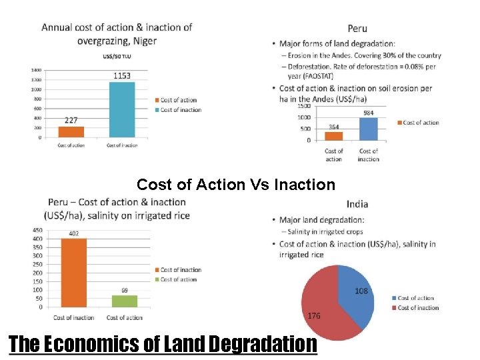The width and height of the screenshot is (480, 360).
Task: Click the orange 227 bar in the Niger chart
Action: point(71,131)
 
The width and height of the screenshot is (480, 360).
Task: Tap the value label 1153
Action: point(122,76)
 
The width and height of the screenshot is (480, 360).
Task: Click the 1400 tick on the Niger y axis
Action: point(36,70)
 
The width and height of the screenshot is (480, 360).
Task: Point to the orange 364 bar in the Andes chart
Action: point(334,135)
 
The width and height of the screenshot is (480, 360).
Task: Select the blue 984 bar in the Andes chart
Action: point(369,129)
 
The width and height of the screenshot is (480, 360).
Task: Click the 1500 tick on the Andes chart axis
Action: point(303,106)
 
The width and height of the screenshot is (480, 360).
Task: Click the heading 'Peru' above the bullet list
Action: point(357,29)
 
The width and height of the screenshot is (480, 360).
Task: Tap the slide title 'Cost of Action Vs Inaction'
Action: point(236,185)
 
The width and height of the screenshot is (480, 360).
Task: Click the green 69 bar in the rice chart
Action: point(125,301)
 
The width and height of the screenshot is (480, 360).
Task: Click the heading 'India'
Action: point(357,204)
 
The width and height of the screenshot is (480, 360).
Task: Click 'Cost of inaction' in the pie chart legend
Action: point(418,308)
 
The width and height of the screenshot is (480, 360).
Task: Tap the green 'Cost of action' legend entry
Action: point(178,280)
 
